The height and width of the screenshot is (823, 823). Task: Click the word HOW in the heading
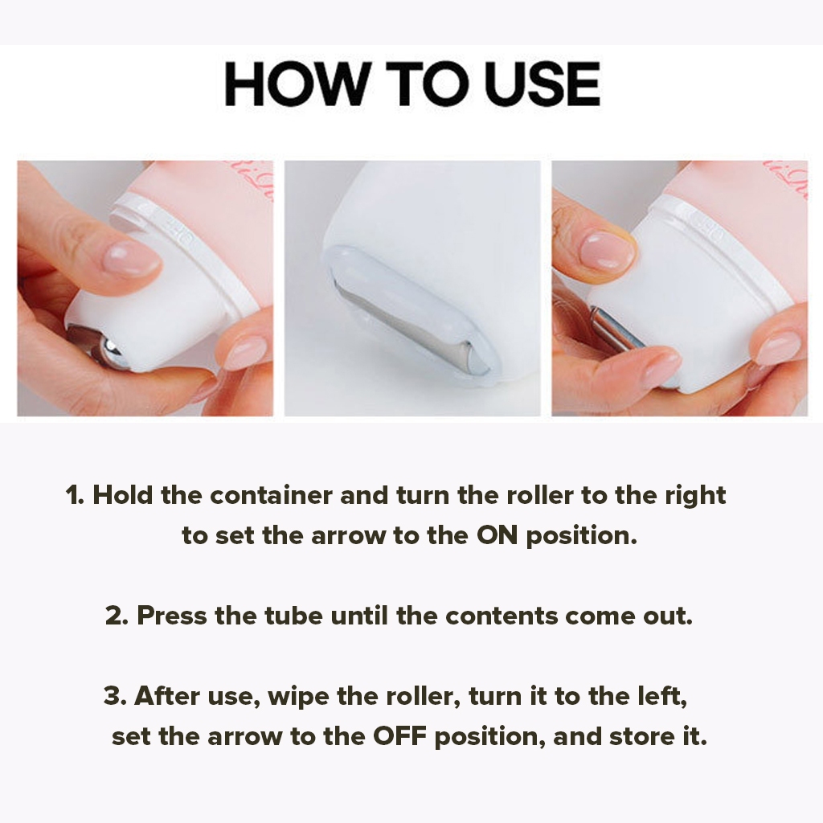296,84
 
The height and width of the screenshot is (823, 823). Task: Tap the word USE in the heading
542,84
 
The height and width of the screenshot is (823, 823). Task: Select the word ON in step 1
497,535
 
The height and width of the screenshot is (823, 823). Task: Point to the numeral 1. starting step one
75,495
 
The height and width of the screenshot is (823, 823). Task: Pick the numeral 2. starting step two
117,615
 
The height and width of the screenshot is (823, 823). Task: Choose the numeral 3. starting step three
116,696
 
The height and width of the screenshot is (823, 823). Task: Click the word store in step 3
641,736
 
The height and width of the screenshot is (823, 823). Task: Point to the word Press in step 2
172,615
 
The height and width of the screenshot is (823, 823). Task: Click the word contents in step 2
502,615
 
